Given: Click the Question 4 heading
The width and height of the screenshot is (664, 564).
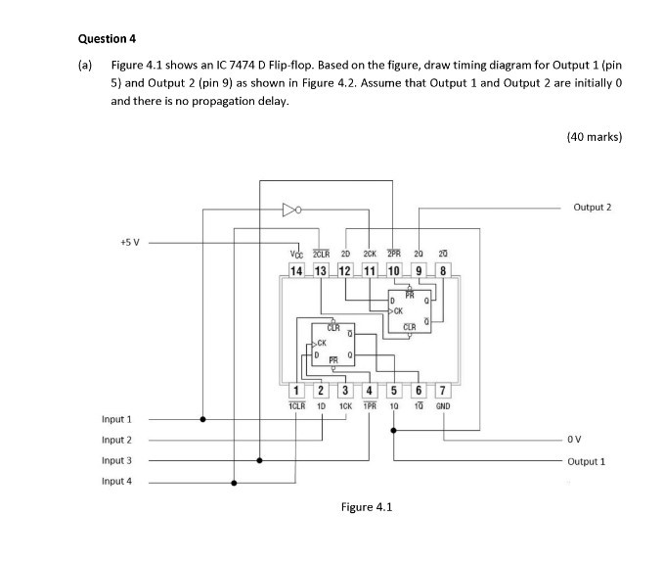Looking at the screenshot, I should (104, 38).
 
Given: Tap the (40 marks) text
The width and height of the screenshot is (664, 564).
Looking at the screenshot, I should (594, 137).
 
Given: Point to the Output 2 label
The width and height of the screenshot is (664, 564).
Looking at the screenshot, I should (593, 208).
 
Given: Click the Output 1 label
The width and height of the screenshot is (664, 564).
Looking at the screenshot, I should (589, 460).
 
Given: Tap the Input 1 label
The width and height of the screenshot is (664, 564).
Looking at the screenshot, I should (116, 419).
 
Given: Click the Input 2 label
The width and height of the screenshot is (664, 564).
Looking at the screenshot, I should (116, 440).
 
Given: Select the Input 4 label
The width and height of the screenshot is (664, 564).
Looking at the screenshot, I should (116, 481).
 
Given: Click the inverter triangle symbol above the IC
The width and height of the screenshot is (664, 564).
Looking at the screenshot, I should (288, 209).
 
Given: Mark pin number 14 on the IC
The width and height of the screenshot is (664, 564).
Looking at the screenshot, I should (296, 269).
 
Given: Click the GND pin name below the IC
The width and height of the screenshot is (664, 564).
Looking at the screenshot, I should (443, 405).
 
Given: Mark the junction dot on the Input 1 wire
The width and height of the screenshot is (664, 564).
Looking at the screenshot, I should (203, 419).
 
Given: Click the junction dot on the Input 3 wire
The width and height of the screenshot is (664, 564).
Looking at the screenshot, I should (260, 460).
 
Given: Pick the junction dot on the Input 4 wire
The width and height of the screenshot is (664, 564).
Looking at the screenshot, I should (234, 481).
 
